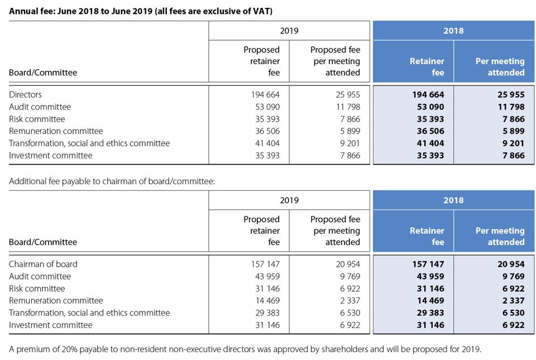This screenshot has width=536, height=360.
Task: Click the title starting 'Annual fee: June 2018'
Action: click(x=141, y=11)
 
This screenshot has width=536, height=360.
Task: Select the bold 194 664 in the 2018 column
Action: click(x=428, y=95)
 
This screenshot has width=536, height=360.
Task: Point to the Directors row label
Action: click(x=25, y=95)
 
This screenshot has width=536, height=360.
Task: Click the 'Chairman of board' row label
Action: click(x=43, y=264)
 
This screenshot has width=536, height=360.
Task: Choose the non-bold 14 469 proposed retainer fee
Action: click(x=265, y=300)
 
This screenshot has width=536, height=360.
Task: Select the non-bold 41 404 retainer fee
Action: click(x=265, y=143)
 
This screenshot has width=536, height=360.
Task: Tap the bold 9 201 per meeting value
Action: click(x=511, y=143)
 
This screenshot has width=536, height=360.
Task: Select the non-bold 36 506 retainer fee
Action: click(x=265, y=131)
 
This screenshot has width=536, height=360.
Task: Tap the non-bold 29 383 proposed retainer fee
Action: click(x=265, y=313)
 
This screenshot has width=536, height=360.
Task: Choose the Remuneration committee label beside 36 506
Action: click(x=56, y=131)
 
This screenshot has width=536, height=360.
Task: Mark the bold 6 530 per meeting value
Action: click(x=511, y=313)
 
